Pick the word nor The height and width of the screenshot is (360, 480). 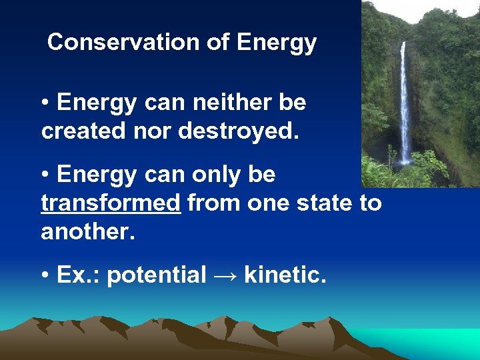[x=151, y=131]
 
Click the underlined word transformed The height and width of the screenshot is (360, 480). [x=111, y=203]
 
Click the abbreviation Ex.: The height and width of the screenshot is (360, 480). [x=79, y=274]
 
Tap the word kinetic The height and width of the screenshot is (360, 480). [x=285, y=274]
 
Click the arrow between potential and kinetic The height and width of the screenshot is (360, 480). [x=225, y=275]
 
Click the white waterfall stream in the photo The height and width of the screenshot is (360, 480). [x=405, y=107]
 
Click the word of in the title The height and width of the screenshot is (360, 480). [x=217, y=43]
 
